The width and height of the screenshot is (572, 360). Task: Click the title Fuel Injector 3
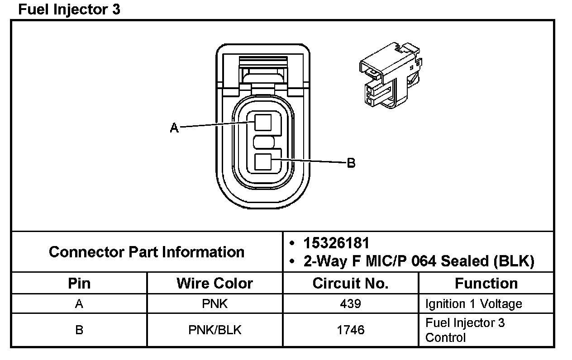[69, 9]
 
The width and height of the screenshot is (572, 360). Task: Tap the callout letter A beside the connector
[174, 128]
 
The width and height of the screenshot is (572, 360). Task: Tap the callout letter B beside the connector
[351, 163]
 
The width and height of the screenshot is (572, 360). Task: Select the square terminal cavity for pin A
[263, 123]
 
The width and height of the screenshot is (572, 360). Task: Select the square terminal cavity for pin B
[263, 162]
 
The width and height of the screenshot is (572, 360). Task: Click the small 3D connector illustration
[391, 76]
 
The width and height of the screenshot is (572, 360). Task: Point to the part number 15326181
[336, 243]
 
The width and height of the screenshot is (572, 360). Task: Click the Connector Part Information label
[147, 252]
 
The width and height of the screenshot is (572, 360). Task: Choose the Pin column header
[79, 283]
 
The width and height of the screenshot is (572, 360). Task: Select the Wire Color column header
[214, 283]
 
